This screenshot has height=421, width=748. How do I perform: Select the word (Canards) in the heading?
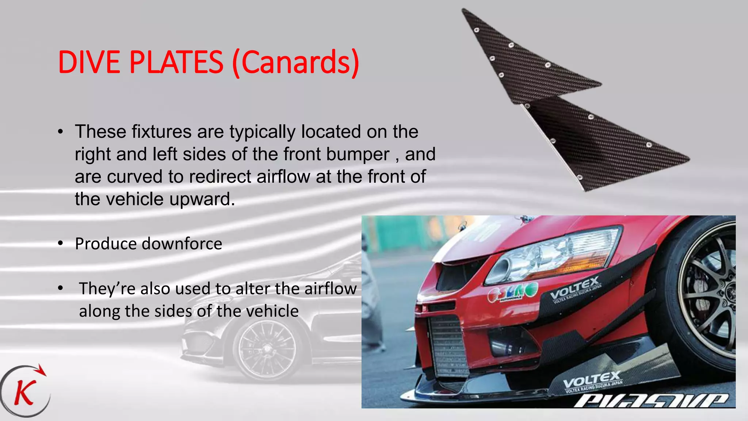coord(296,63)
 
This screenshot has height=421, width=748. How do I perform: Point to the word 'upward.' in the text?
coord(202,199)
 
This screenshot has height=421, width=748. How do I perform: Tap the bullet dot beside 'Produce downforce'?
coord(61,243)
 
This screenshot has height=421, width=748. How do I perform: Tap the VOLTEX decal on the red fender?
coord(574,289)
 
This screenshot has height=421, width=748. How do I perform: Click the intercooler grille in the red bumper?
coord(447,345)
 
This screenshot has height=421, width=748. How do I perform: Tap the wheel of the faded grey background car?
coord(265,349)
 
